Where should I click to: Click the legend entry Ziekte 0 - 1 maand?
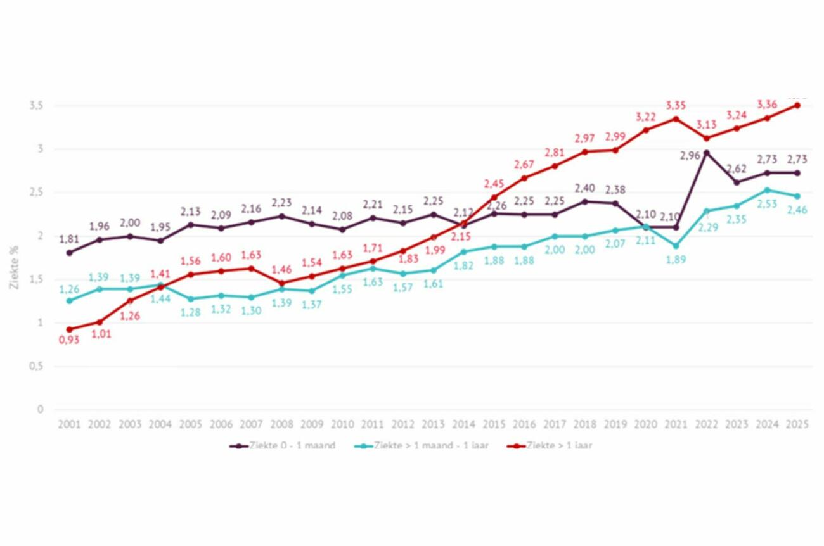point(283,446)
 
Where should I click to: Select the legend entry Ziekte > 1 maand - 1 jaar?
point(422,446)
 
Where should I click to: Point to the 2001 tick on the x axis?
point(69,425)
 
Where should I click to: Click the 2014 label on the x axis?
point(463,425)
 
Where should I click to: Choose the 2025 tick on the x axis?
point(797,425)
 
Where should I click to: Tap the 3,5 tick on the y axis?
point(35,106)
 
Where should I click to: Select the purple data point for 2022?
point(707,153)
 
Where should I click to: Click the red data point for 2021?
point(676,118)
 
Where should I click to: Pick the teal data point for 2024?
point(768,190)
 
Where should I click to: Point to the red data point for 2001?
point(69,329)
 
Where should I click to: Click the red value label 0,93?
point(69,341)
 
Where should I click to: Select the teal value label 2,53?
point(768,204)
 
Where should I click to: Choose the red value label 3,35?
point(676,105)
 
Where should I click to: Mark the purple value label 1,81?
point(69,239)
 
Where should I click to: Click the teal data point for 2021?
point(676,246)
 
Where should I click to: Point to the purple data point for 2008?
point(281,216)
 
